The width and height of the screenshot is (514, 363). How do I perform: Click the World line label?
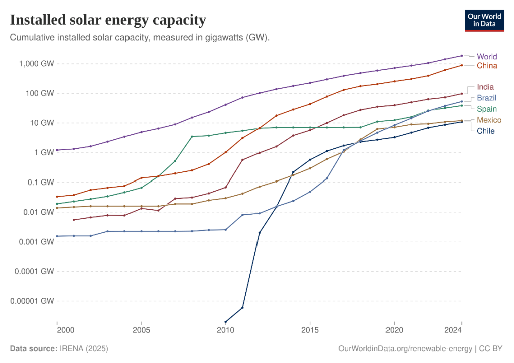tap(487, 56)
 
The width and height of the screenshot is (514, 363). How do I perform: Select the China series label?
tap(487, 66)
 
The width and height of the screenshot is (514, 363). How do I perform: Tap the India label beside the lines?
tap(485, 87)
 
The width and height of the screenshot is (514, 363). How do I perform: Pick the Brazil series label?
tap(486, 97)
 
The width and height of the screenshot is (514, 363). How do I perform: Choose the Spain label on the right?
tap(486, 108)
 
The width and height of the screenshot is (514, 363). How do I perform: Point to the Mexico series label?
tap(488, 120)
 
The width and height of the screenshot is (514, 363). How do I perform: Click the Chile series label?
tap(486, 131)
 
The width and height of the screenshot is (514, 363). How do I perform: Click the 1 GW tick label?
tap(42, 152)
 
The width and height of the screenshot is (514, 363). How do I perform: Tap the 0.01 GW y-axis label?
tap(38, 212)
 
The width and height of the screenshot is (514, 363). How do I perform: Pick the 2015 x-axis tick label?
tap(310, 331)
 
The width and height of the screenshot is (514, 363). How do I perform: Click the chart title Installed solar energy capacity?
tap(108, 20)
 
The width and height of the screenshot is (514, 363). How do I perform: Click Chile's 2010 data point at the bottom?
tap(226, 321)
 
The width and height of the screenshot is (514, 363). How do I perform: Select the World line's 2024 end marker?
tap(461, 55)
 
